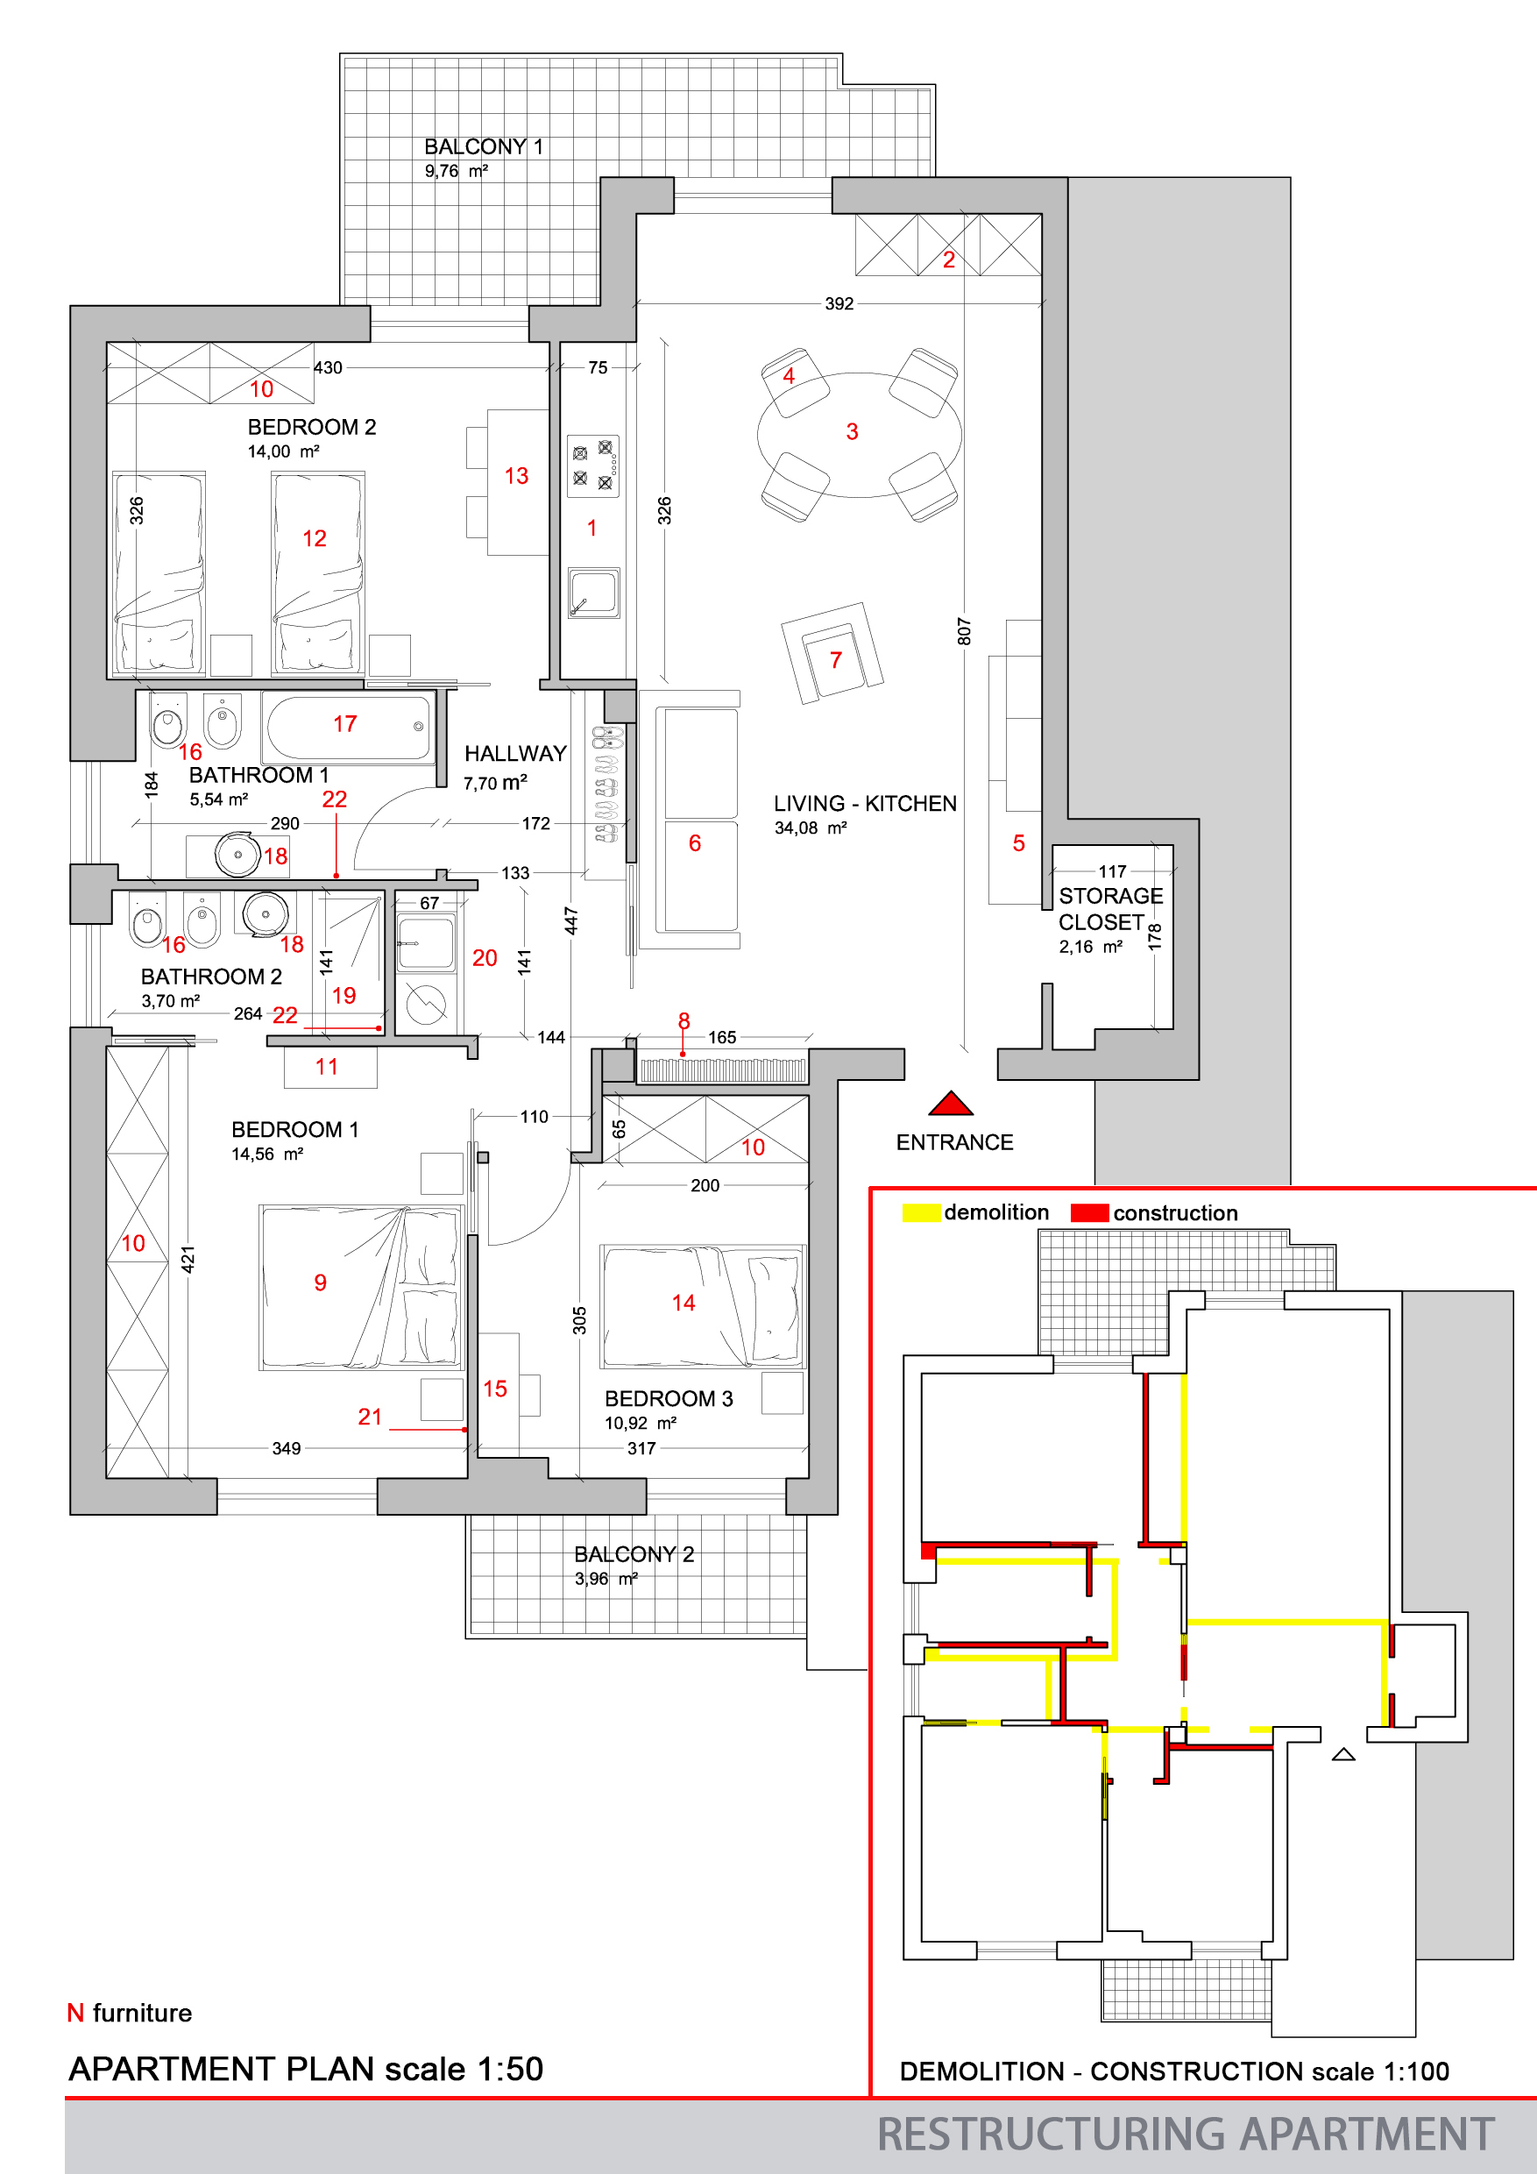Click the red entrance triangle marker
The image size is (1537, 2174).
(x=951, y=1104)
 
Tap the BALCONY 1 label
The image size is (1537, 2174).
(x=484, y=146)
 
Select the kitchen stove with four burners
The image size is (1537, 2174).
(x=593, y=465)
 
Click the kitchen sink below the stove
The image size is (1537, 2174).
(x=593, y=593)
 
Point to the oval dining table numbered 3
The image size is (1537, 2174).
(x=860, y=435)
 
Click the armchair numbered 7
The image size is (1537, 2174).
(x=832, y=653)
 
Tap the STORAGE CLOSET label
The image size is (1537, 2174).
(x=1109, y=909)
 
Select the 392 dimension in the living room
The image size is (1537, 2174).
(x=839, y=304)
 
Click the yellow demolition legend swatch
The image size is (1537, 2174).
(x=921, y=1213)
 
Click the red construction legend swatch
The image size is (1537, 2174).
(x=1089, y=1213)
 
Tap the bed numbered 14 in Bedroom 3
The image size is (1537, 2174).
(x=702, y=1307)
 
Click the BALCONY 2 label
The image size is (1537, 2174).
(x=634, y=1554)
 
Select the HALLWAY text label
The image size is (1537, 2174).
(x=515, y=754)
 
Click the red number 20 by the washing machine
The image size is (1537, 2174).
(x=485, y=958)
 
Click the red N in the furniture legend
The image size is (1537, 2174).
(x=75, y=2013)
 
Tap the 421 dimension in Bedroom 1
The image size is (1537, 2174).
(x=188, y=1260)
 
